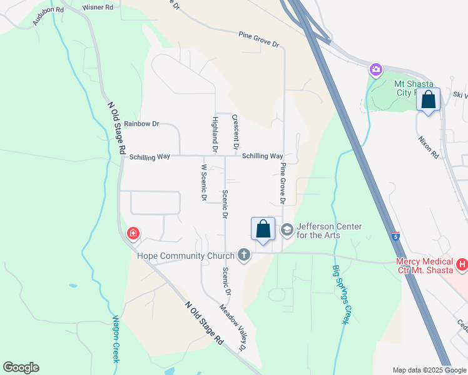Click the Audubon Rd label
click(x=49, y=15)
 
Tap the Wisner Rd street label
click(x=98, y=7)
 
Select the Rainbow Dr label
click(x=141, y=124)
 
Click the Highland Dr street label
click(x=215, y=134)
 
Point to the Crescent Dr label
click(x=235, y=131)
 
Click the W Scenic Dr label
click(x=204, y=182)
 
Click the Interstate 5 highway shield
click(x=395, y=236)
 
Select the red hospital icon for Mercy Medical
click(x=462, y=265)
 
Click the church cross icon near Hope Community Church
click(x=244, y=255)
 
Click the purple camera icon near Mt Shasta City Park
click(x=375, y=69)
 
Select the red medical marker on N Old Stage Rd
click(x=133, y=234)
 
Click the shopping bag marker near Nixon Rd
click(x=429, y=100)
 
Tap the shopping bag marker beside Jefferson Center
click(x=263, y=229)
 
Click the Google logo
click(x=21, y=367)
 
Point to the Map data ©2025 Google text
click(x=429, y=370)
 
